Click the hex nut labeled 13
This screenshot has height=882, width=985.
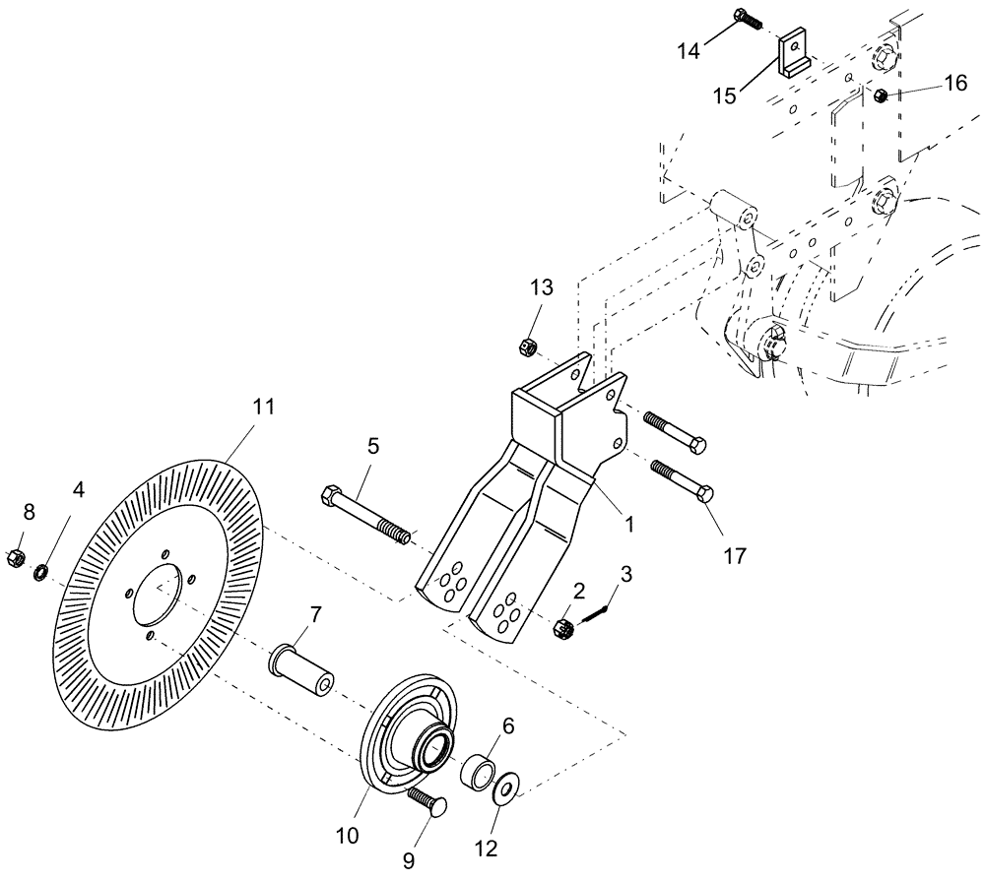pos(527,346)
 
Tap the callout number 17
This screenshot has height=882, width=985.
pos(734,556)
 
